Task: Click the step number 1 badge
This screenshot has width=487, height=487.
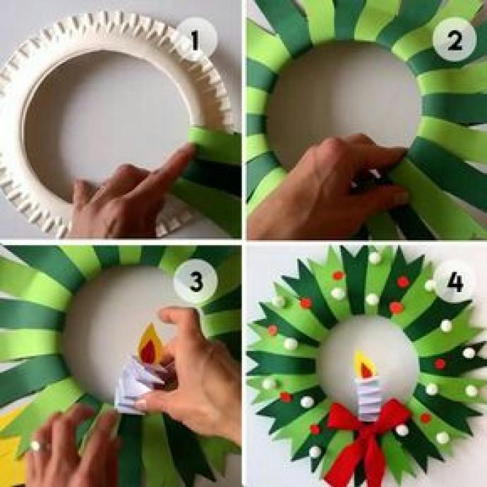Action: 195,39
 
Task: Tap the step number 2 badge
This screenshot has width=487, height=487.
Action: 455,39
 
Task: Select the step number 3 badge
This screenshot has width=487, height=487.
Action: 196,282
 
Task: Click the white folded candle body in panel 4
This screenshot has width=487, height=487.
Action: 369,399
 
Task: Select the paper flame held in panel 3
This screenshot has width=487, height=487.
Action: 150,344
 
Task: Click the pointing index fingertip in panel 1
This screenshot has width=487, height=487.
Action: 188,150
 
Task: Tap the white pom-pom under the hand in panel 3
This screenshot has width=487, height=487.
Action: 35,446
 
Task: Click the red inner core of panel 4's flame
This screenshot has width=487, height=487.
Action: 366,371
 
